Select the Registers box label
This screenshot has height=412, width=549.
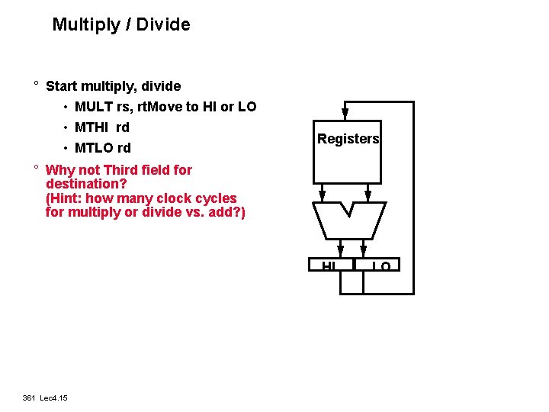pyautogui.click(x=348, y=139)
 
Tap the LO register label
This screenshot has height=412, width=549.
pyautogui.click(x=382, y=266)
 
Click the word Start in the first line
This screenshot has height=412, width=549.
pyautogui.click(x=63, y=86)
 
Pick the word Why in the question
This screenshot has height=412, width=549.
pyautogui.click(x=59, y=170)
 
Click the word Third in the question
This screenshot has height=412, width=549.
pyautogui.click(x=122, y=170)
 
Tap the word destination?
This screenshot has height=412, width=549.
pyautogui.click(x=85, y=184)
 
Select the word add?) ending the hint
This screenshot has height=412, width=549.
pyautogui.click(x=228, y=212)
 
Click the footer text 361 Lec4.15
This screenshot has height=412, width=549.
pyautogui.click(x=45, y=398)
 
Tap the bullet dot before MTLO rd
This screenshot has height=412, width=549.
pyautogui.click(x=66, y=148)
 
